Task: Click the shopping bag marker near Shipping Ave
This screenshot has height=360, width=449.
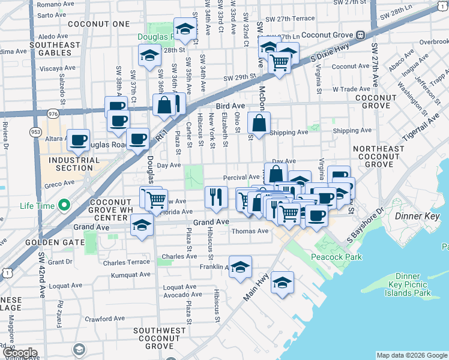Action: pyautogui.click(x=259, y=124)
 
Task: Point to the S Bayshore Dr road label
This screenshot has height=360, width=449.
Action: pyautogui.click(x=365, y=226)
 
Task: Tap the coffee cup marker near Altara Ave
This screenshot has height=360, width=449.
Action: pyautogui.click(x=78, y=140)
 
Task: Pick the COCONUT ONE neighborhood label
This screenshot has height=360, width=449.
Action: pyautogui.click(x=99, y=24)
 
